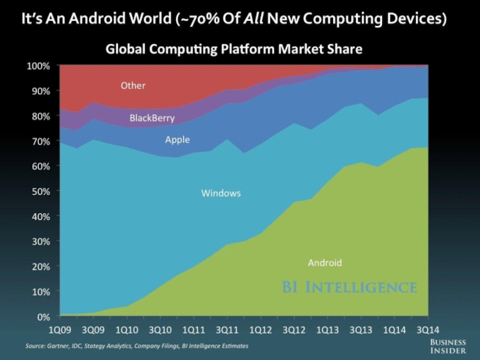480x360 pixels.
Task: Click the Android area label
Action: pos(325,263)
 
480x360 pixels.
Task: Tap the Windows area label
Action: pos(221,193)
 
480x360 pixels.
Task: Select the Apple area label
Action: pos(177,140)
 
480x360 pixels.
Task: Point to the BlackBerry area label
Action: pos(152,118)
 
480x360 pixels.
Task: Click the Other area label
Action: pos(133,86)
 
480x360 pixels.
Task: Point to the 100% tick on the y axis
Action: pos(38,65)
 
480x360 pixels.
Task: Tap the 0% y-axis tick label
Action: pos(42,316)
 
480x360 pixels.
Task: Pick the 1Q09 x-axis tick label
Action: pos(60,329)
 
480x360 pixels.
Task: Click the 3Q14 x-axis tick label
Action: pos(427,329)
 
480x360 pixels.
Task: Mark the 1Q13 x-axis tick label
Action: pos(326,329)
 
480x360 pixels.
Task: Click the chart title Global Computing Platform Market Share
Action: pos(234,49)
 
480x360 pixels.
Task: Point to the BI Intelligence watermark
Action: pos(349,287)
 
